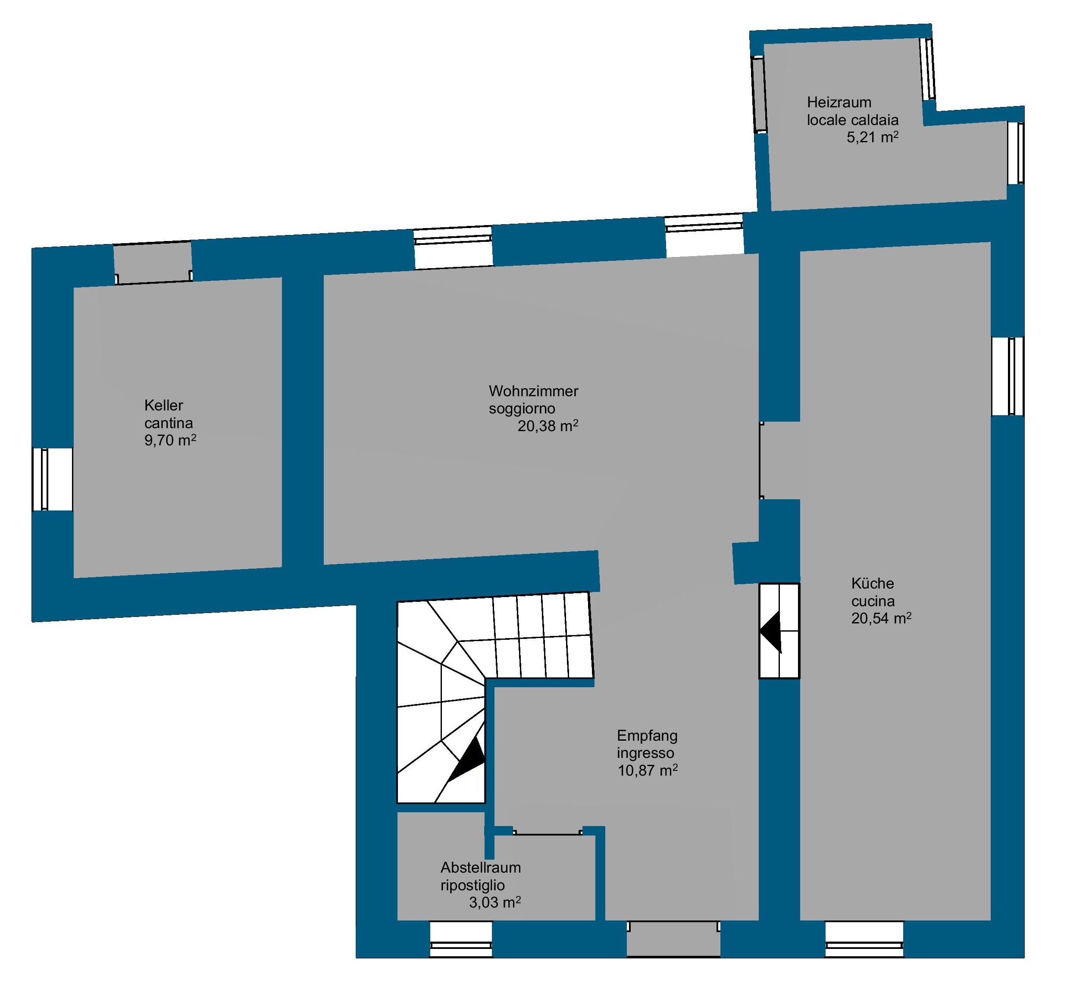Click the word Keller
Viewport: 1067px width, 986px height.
164,406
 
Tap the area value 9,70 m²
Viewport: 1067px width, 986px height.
170,440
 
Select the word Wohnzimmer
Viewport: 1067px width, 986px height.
534,391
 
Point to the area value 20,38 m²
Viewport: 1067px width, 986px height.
548,426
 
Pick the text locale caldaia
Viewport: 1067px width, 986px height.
853,119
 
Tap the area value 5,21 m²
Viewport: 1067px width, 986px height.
872,137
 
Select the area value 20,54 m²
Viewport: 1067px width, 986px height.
881,618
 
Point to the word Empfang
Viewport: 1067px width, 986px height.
647,736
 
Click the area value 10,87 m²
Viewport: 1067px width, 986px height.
648,770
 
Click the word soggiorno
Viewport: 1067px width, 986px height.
522,409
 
